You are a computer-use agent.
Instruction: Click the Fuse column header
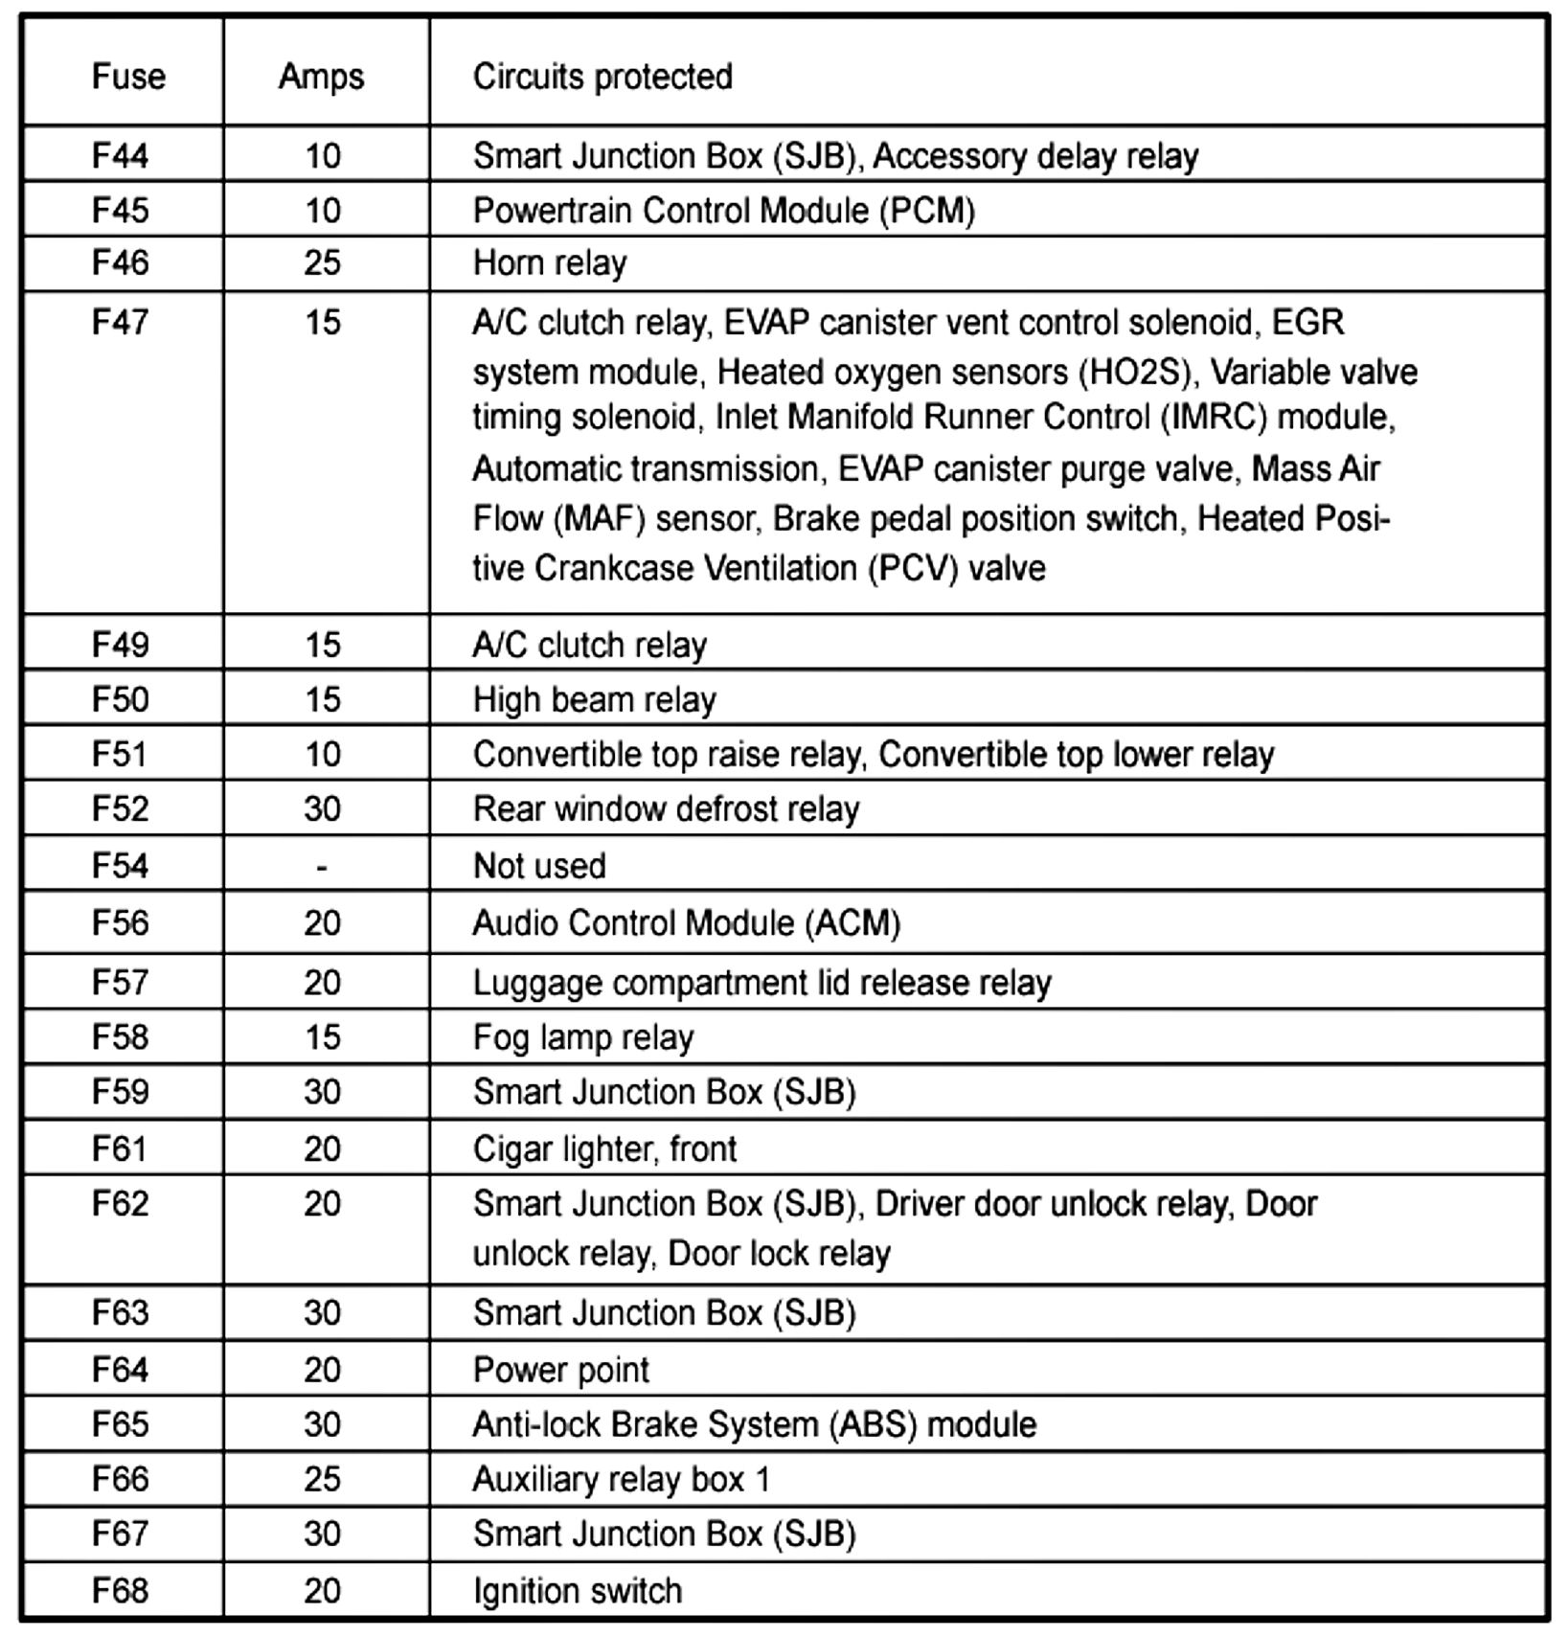click(128, 77)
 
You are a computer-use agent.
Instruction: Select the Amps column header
click(321, 77)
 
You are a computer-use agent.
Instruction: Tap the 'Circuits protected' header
click(602, 77)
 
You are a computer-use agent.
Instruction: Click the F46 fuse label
click(121, 262)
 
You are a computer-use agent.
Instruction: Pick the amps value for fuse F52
click(323, 809)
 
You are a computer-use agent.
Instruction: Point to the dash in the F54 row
click(322, 867)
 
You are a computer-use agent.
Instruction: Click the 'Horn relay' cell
click(550, 262)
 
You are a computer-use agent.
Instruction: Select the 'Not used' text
click(539, 866)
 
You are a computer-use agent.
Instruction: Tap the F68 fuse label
click(121, 1590)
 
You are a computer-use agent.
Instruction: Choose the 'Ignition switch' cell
click(578, 1590)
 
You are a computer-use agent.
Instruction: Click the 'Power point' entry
click(561, 1370)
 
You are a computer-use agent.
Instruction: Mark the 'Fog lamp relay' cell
click(583, 1037)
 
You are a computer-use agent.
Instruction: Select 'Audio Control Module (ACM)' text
click(687, 922)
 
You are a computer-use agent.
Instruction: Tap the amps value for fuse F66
click(323, 1479)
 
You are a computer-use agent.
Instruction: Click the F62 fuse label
click(121, 1203)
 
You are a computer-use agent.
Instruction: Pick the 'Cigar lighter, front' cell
click(604, 1148)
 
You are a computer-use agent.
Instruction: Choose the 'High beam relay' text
click(594, 700)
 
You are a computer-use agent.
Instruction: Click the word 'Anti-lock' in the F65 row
click(535, 1424)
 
